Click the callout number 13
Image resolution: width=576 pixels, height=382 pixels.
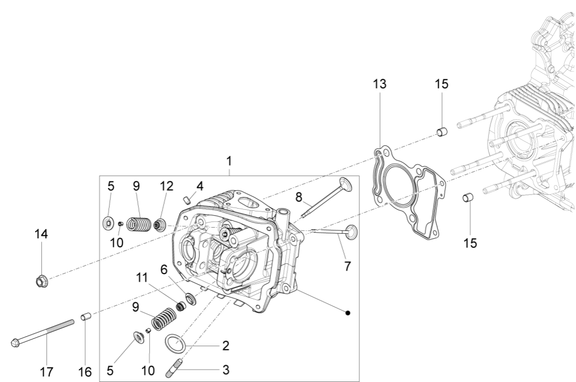(380, 84)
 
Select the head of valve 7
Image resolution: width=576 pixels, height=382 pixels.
(352, 231)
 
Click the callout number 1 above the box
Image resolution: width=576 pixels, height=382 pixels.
(229, 161)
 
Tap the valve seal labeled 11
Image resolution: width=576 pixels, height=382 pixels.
(180, 306)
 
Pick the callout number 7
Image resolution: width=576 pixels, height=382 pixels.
(347, 266)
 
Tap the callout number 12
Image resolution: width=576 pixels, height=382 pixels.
(167, 186)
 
